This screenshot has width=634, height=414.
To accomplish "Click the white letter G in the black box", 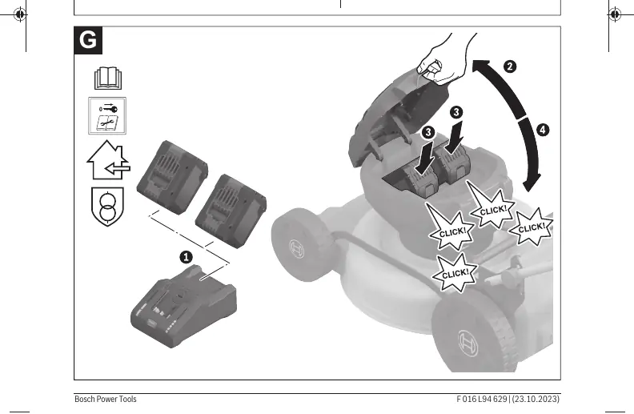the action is tap(88, 40).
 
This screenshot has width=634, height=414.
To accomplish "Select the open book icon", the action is tap(108, 78).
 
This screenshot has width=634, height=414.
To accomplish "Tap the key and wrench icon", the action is tap(107, 115).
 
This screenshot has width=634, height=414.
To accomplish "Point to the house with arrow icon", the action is tap(108, 160).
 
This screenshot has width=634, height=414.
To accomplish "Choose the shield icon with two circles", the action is tap(107, 206).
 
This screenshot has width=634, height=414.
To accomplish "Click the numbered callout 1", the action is tap(186, 257).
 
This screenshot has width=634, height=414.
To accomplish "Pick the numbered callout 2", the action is tap(510, 66).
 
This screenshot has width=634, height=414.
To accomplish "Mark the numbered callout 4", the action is tap(543, 130).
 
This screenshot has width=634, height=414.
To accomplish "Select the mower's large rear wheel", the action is tap(474, 336).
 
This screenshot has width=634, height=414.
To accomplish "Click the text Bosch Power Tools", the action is tap(106, 399).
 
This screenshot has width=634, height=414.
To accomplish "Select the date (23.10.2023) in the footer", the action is tap(536, 399).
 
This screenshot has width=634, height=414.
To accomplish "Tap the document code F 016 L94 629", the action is tap(482, 399).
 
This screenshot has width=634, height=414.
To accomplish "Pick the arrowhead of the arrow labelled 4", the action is tap(531, 183).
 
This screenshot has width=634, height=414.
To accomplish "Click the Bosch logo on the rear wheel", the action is tap(467, 344).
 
